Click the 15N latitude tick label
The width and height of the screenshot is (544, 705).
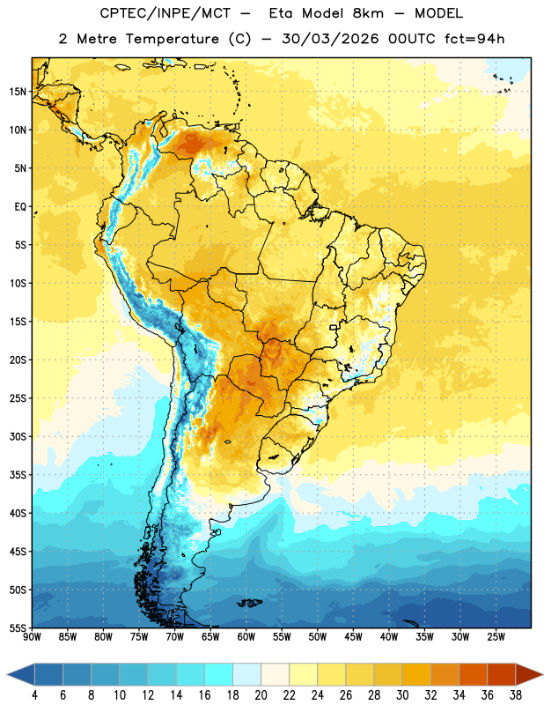coord(18,92)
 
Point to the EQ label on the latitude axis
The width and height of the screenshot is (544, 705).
coord(20,207)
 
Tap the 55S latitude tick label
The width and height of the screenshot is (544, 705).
coord(18,628)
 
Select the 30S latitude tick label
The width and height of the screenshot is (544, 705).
coord(18,436)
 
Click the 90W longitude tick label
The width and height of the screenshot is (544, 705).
coord(32,637)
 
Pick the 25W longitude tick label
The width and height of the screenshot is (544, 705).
coord(496,637)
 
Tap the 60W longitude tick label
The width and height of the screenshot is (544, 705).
coord(246,637)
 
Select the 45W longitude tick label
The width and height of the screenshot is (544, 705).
coord(353,637)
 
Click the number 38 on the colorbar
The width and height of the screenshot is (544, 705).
coord(516,695)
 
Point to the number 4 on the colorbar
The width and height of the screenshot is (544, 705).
coord(34,695)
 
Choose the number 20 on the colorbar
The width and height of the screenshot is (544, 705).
coord(261,695)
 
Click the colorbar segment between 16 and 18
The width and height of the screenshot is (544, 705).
coord(218,674)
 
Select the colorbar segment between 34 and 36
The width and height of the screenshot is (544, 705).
coord(473,674)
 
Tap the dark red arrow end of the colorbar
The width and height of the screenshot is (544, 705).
coord(527,674)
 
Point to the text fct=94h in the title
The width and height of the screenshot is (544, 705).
coord(474,39)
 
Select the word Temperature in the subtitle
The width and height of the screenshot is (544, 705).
coord(172,39)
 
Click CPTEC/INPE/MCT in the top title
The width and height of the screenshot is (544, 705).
coord(165,13)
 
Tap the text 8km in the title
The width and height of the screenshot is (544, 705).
coord(368,13)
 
